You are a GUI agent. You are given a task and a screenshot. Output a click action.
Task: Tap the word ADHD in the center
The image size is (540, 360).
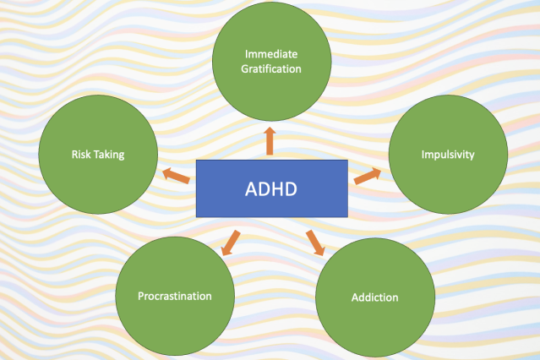(270, 188)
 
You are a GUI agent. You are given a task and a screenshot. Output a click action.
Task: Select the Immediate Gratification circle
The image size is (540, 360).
(270, 60)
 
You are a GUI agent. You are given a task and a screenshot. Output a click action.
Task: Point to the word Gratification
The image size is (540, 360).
(270, 68)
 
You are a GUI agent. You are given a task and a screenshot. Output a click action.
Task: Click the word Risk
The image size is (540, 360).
(82, 155)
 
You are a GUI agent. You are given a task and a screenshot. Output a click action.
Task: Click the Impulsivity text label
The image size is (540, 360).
(448, 155)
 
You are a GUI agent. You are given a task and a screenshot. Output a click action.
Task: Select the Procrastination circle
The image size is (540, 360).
(175, 296)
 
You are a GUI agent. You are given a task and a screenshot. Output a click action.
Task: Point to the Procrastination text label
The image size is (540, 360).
(175, 296)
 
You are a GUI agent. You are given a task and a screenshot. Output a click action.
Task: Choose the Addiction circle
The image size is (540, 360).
(374, 298)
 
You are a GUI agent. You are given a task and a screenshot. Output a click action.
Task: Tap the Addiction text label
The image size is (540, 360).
(374, 297)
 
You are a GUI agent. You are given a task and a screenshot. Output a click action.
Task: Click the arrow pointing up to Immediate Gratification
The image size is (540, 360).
(270, 140)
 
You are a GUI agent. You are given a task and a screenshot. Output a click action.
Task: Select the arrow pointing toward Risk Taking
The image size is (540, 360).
(176, 175)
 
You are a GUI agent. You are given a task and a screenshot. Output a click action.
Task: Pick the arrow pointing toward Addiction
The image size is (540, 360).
(315, 241)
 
